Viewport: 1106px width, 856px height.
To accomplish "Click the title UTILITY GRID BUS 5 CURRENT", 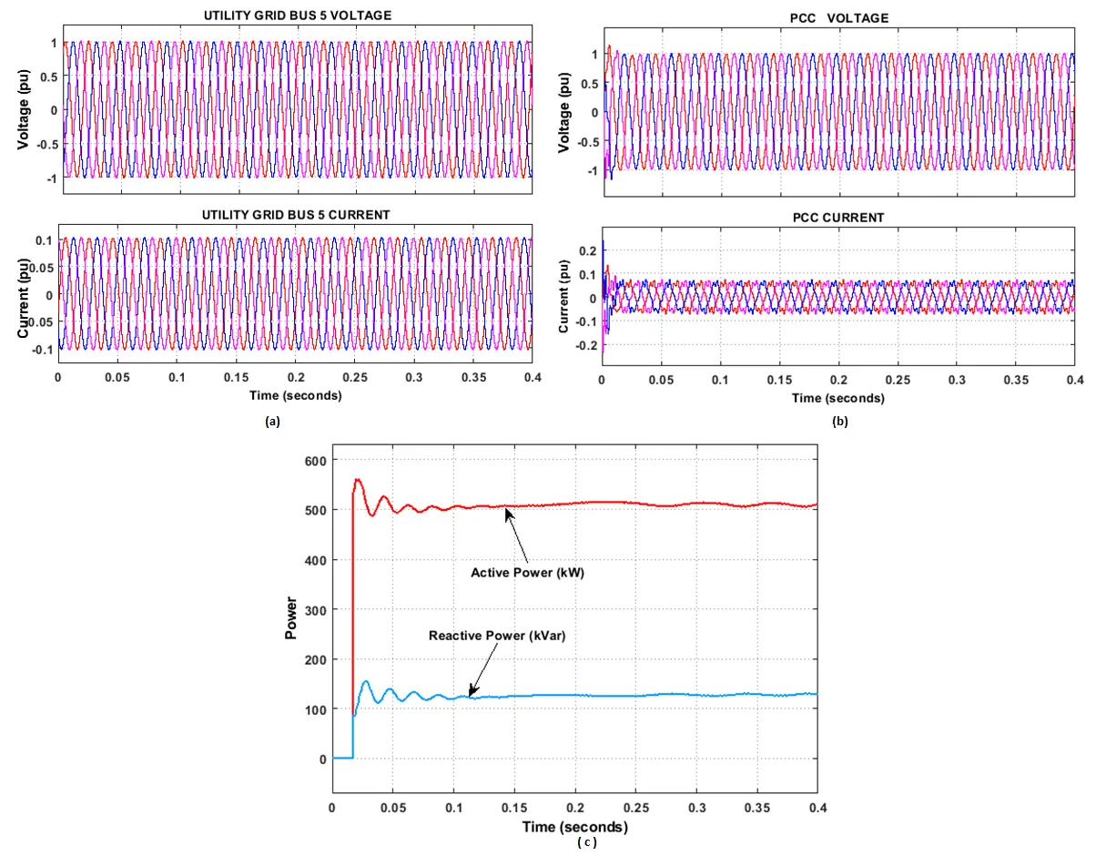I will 297,214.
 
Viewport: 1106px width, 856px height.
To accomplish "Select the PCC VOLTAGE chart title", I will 838,18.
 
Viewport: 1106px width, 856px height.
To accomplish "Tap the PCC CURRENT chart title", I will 837,217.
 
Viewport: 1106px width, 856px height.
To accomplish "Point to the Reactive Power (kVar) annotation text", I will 497,636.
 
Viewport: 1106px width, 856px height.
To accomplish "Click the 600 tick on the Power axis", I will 312,461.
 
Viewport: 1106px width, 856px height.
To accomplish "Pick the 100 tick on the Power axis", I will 312,708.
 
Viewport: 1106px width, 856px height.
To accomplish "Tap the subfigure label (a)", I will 271,422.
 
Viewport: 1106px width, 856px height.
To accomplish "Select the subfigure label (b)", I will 839,421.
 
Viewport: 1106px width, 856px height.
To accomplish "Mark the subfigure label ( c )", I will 586,842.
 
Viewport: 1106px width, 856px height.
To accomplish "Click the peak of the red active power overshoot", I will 358,480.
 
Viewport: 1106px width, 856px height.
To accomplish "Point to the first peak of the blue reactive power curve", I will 366,681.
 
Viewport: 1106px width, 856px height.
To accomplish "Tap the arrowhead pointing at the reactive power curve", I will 471,694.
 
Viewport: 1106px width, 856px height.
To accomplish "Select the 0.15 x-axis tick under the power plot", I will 514,807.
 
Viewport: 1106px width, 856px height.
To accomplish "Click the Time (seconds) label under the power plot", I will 574,827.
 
